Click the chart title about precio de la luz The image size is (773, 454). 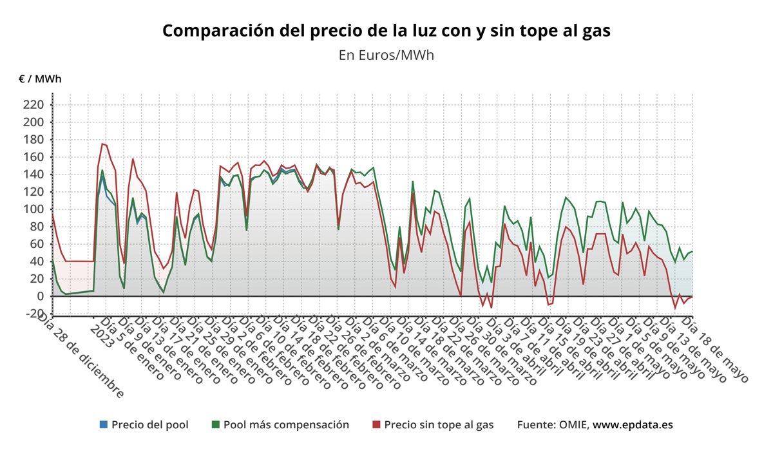386,31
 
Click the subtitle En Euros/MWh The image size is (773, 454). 386,55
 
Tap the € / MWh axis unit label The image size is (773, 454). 40,79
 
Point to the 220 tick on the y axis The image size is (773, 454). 33,105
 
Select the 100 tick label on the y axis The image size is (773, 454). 33,209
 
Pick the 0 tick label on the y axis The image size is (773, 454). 39,296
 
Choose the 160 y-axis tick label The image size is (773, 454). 33,157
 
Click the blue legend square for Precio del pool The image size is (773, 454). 103,425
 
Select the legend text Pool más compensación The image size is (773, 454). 286,425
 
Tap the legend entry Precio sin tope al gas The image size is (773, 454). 439,425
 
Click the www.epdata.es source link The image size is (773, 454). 633,425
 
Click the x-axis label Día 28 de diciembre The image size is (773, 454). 80,354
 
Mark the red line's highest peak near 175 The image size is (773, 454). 102,144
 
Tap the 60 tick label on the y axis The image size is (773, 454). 36,244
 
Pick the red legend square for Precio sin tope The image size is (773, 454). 376,425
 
